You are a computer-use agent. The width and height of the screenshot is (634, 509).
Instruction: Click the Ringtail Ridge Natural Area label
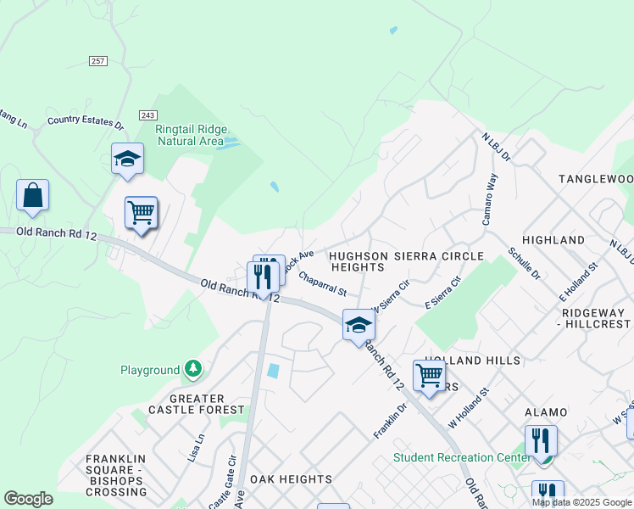[190, 135]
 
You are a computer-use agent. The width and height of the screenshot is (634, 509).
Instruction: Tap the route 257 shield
[98, 61]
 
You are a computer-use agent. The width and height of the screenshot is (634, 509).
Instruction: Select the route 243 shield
[147, 115]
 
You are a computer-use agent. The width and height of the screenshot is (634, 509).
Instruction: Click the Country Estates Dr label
[86, 122]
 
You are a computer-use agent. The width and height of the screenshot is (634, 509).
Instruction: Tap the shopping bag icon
[32, 196]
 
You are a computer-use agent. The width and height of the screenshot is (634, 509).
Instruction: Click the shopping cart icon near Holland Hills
[430, 374]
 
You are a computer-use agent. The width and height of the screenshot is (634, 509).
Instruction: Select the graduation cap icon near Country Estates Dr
[127, 159]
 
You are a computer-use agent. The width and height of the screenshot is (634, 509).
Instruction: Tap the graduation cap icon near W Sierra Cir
[359, 325]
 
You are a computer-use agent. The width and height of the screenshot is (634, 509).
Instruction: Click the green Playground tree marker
[194, 369]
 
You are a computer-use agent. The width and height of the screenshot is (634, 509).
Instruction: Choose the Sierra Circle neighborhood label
[441, 255]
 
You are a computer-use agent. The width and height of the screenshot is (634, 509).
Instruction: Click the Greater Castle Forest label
[186, 404]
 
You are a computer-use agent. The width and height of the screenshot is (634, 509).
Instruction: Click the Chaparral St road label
[322, 284]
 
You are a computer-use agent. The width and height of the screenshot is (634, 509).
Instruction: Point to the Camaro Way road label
[489, 200]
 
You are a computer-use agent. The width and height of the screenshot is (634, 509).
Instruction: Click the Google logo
[29, 499]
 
